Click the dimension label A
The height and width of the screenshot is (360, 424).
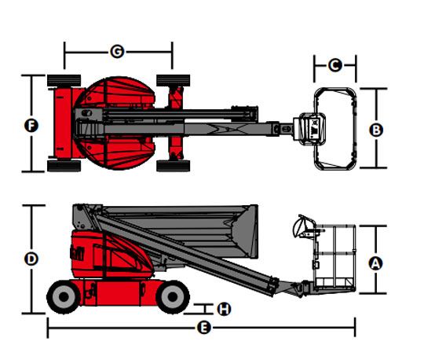click(x=375, y=263)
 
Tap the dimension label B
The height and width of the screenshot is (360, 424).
click(x=376, y=130)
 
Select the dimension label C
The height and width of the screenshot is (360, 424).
click(x=335, y=65)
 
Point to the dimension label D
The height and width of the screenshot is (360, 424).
click(x=31, y=259)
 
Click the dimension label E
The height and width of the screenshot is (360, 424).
click(x=203, y=328)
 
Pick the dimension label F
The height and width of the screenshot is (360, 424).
click(x=31, y=126)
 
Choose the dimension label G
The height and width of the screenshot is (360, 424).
click(x=117, y=51)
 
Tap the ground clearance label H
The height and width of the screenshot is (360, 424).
click(x=224, y=309)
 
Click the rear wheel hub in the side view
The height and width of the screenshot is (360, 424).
click(x=64, y=297)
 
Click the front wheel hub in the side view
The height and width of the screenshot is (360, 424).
click(x=173, y=297)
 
